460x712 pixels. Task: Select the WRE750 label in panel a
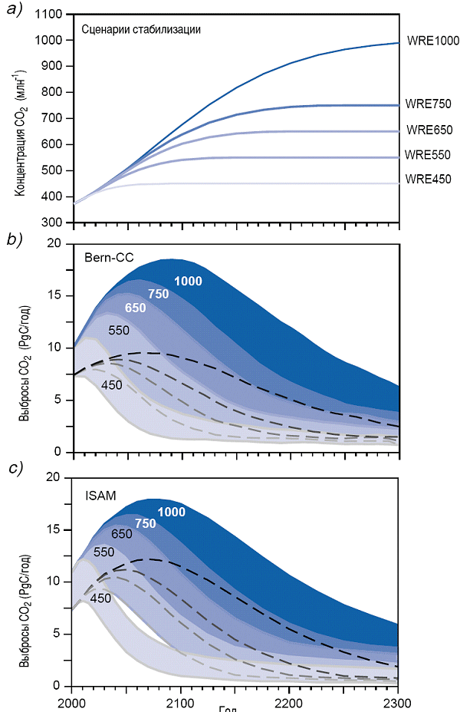(429, 104)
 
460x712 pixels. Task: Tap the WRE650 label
(429, 130)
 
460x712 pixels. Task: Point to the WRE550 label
(429, 155)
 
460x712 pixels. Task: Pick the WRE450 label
(429, 180)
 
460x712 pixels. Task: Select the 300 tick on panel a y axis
(54, 222)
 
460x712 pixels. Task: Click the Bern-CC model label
(110, 257)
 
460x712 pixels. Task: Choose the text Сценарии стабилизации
(141, 30)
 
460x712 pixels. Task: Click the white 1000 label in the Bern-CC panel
(188, 282)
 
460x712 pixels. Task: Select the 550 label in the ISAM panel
(104, 552)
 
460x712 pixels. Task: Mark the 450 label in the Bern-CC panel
(112, 384)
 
